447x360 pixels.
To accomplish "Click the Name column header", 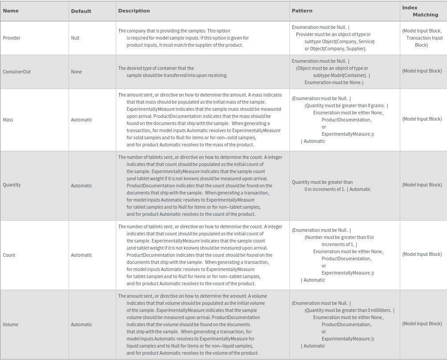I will [x=11, y=11].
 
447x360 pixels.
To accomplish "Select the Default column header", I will [x=81, y=11].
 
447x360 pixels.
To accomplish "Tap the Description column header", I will [x=134, y=11].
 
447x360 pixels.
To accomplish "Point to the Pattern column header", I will [x=302, y=11].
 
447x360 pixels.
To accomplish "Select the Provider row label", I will [x=12, y=38].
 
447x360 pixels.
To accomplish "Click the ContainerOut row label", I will [x=16, y=72].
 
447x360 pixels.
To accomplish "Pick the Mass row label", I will [x=8, y=120].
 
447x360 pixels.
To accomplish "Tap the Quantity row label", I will [x=12, y=185].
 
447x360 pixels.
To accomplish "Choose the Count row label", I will [x=9, y=255].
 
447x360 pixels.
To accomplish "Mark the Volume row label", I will [x=11, y=324].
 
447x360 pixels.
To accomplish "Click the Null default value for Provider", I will [x=75, y=38].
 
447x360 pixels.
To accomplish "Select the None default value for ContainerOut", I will [x=76, y=72].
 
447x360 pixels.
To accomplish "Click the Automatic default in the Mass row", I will [x=81, y=120].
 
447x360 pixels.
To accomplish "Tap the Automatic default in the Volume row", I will [x=81, y=324].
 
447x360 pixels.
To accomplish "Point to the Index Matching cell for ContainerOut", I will [x=422, y=71].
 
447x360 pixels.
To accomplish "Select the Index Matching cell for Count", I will [x=422, y=254].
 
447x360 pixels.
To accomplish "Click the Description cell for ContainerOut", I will [x=173, y=72].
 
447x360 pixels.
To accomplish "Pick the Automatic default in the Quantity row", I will [x=81, y=186].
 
